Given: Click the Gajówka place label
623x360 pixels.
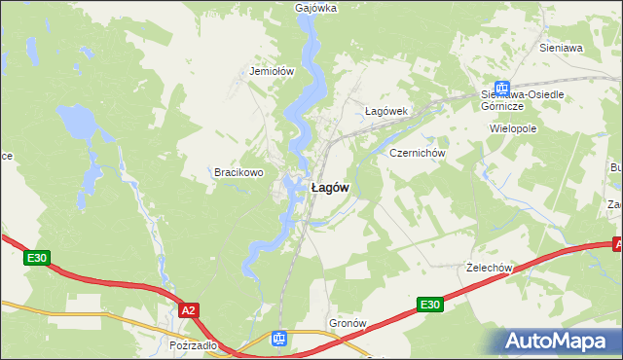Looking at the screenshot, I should (x=314, y=8).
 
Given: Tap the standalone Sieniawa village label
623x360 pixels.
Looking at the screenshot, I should (x=560, y=47).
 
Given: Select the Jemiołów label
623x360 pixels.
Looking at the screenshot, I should (x=272, y=71).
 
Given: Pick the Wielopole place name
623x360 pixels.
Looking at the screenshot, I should (x=514, y=127).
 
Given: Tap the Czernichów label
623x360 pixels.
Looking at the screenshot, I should (x=417, y=154).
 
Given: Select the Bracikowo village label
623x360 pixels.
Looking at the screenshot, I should (x=239, y=172).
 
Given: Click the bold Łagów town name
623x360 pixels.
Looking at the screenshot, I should (x=330, y=187).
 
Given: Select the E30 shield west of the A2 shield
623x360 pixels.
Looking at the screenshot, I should (x=36, y=258).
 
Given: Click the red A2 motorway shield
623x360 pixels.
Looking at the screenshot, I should (x=189, y=309).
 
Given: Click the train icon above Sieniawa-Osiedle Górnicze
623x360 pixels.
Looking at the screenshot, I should (x=501, y=88).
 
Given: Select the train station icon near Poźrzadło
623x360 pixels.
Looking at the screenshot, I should (x=279, y=339).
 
